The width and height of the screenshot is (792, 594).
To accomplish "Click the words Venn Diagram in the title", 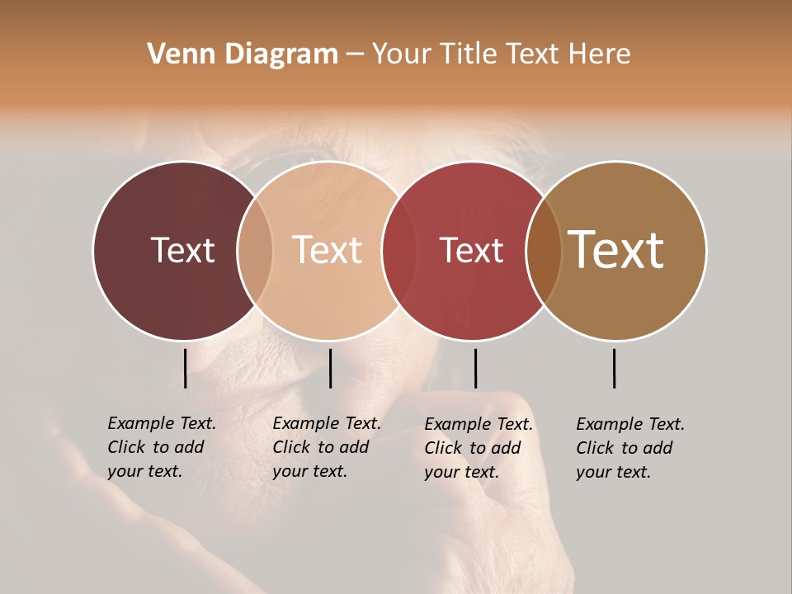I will pos(243,54).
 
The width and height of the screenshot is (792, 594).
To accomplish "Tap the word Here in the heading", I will pos(601,54).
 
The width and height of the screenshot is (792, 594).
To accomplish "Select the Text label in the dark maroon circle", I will pos(182,250).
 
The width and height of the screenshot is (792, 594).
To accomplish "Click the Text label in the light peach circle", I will pos(327,250).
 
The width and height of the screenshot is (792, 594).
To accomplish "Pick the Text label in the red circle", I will pos(471,250).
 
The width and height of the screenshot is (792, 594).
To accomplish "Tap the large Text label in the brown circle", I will pos(616,250).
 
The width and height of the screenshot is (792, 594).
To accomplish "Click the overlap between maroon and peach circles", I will pos(255,250).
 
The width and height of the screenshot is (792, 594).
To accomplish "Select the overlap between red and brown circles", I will pos(544,250).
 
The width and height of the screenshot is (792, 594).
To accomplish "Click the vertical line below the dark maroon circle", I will pos(185,368).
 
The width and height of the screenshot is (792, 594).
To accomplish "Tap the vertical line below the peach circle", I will pos(330,368).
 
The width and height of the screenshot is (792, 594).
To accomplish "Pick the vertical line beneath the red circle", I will pos(475,368).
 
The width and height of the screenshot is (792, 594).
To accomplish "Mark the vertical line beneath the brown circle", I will pos(614,368).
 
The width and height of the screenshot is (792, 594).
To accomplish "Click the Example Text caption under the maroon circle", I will pos(162,447).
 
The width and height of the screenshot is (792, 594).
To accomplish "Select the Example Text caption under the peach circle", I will pos(327,447).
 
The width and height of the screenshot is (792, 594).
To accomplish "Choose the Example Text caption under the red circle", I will pos(478,448).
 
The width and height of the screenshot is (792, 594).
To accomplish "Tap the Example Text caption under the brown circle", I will pos(630,448).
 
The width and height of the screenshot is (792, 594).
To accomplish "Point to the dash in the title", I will pos(355,55).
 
